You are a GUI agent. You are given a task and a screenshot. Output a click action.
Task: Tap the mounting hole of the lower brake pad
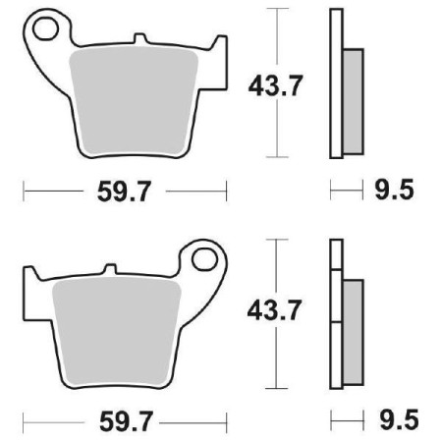tap(207, 259)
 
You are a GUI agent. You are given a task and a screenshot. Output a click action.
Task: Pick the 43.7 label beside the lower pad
tap(265, 311)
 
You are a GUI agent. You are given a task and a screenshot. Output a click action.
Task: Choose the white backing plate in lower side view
tap(336, 314)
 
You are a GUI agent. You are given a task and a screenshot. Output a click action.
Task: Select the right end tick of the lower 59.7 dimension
tap(227, 417)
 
